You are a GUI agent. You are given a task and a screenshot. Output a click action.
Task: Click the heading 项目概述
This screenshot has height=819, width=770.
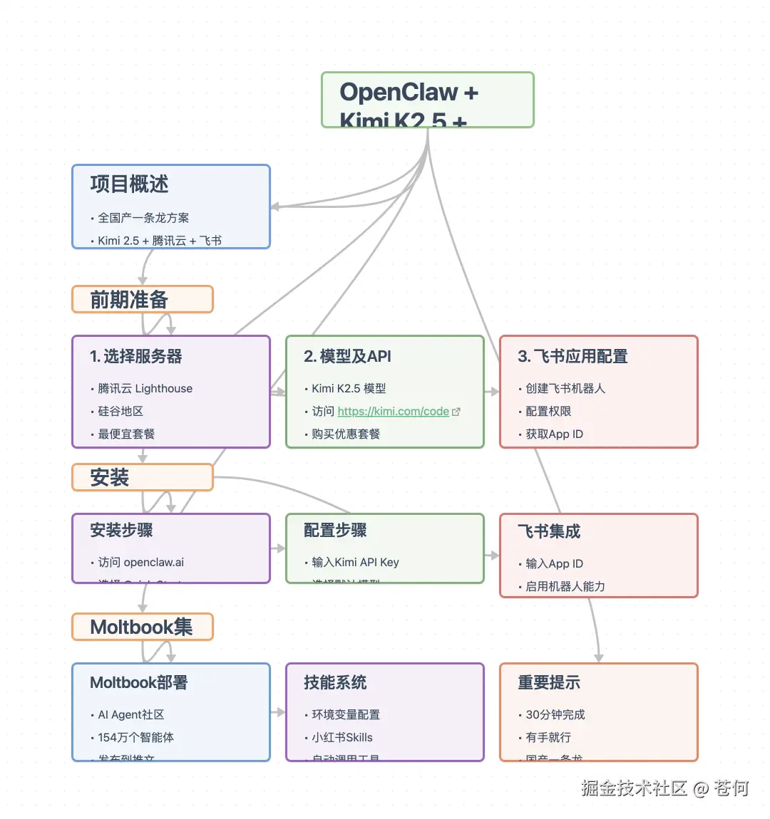[x=129, y=184]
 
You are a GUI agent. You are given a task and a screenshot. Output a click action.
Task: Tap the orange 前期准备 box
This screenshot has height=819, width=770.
[x=142, y=299]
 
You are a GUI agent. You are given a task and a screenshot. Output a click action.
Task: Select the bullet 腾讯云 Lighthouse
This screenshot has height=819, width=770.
[x=145, y=389]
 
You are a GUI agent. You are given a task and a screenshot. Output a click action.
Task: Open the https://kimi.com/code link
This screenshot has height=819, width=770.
[x=394, y=412]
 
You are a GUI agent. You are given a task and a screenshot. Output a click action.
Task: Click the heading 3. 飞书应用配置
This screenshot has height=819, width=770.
[x=573, y=357]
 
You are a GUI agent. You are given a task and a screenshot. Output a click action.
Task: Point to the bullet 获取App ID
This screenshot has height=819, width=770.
[x=554, y=434]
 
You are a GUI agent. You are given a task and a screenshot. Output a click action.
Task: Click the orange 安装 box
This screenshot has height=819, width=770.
[x=142, y=477]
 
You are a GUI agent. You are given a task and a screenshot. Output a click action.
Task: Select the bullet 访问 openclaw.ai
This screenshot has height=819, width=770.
[x=140, y=563]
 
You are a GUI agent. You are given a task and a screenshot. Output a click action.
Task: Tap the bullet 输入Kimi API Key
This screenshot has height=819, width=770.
[x=355, y=563]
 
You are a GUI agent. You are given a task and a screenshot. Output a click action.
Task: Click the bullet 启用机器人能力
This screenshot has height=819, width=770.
[x=565, y=587]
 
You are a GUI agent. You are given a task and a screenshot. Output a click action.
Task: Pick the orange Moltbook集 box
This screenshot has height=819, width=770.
[x=142, y=627]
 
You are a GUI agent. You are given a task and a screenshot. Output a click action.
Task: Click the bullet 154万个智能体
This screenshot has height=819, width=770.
[x=135, y=738]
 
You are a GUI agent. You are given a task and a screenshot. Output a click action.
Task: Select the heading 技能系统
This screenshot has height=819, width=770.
[x=335, y=683]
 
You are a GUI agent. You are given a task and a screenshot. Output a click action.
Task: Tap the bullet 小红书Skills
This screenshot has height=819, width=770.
[x=342, y=738]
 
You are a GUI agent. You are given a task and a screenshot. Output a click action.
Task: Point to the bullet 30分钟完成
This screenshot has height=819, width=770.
[x=555, y=715]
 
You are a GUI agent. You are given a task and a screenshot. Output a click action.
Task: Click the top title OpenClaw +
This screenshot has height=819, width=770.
[x=409, y=93]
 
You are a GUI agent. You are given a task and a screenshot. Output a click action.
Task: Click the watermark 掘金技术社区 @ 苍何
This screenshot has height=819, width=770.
[x=664, y=788]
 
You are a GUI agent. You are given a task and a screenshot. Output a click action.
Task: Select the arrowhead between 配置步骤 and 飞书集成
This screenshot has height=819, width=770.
[x=493, y=555]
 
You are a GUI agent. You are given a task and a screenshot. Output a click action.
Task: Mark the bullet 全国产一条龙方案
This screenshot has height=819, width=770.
[x=143, y=218]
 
